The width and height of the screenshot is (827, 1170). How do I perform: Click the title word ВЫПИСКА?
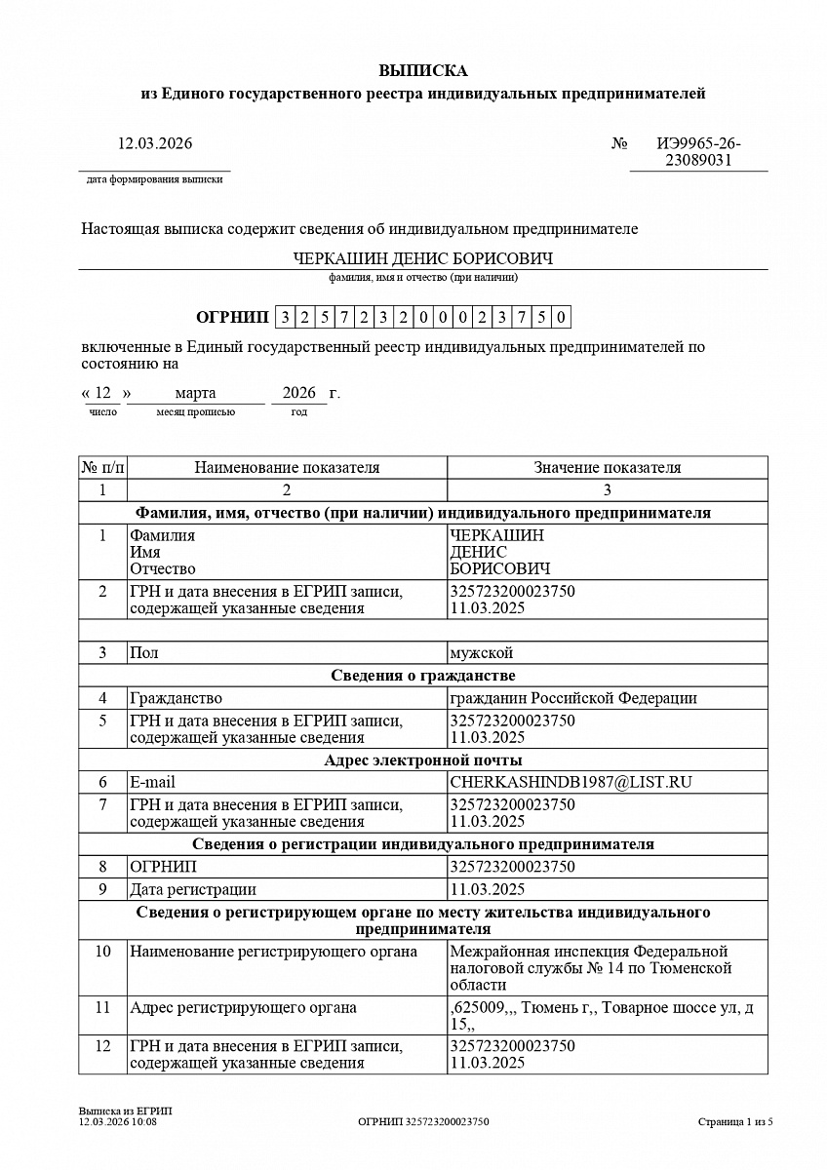click(423, 70)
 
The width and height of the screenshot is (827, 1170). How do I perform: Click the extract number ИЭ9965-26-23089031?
click(698, 152)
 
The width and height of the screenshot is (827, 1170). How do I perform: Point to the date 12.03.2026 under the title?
click(155, 143)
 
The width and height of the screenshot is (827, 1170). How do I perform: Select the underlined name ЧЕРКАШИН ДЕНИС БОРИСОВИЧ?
click(423, 259)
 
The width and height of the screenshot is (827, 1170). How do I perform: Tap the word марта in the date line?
click(195, 393)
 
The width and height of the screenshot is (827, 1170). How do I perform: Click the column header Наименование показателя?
click(287, 467)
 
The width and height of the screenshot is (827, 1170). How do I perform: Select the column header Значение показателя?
click(607, 467)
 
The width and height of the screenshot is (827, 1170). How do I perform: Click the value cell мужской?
click(481, 652)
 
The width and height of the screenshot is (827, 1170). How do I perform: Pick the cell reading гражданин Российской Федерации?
click(573, 698)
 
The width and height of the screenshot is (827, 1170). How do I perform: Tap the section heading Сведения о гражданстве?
click(423, 676)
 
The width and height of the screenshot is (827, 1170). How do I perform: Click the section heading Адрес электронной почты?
click(423, 760)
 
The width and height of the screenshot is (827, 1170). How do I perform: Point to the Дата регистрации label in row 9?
click(193, 889)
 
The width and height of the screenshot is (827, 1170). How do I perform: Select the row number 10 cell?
click(102, 951)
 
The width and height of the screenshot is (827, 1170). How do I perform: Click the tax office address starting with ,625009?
click(601, 1016)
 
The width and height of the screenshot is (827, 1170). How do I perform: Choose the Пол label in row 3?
click(143, 652)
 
